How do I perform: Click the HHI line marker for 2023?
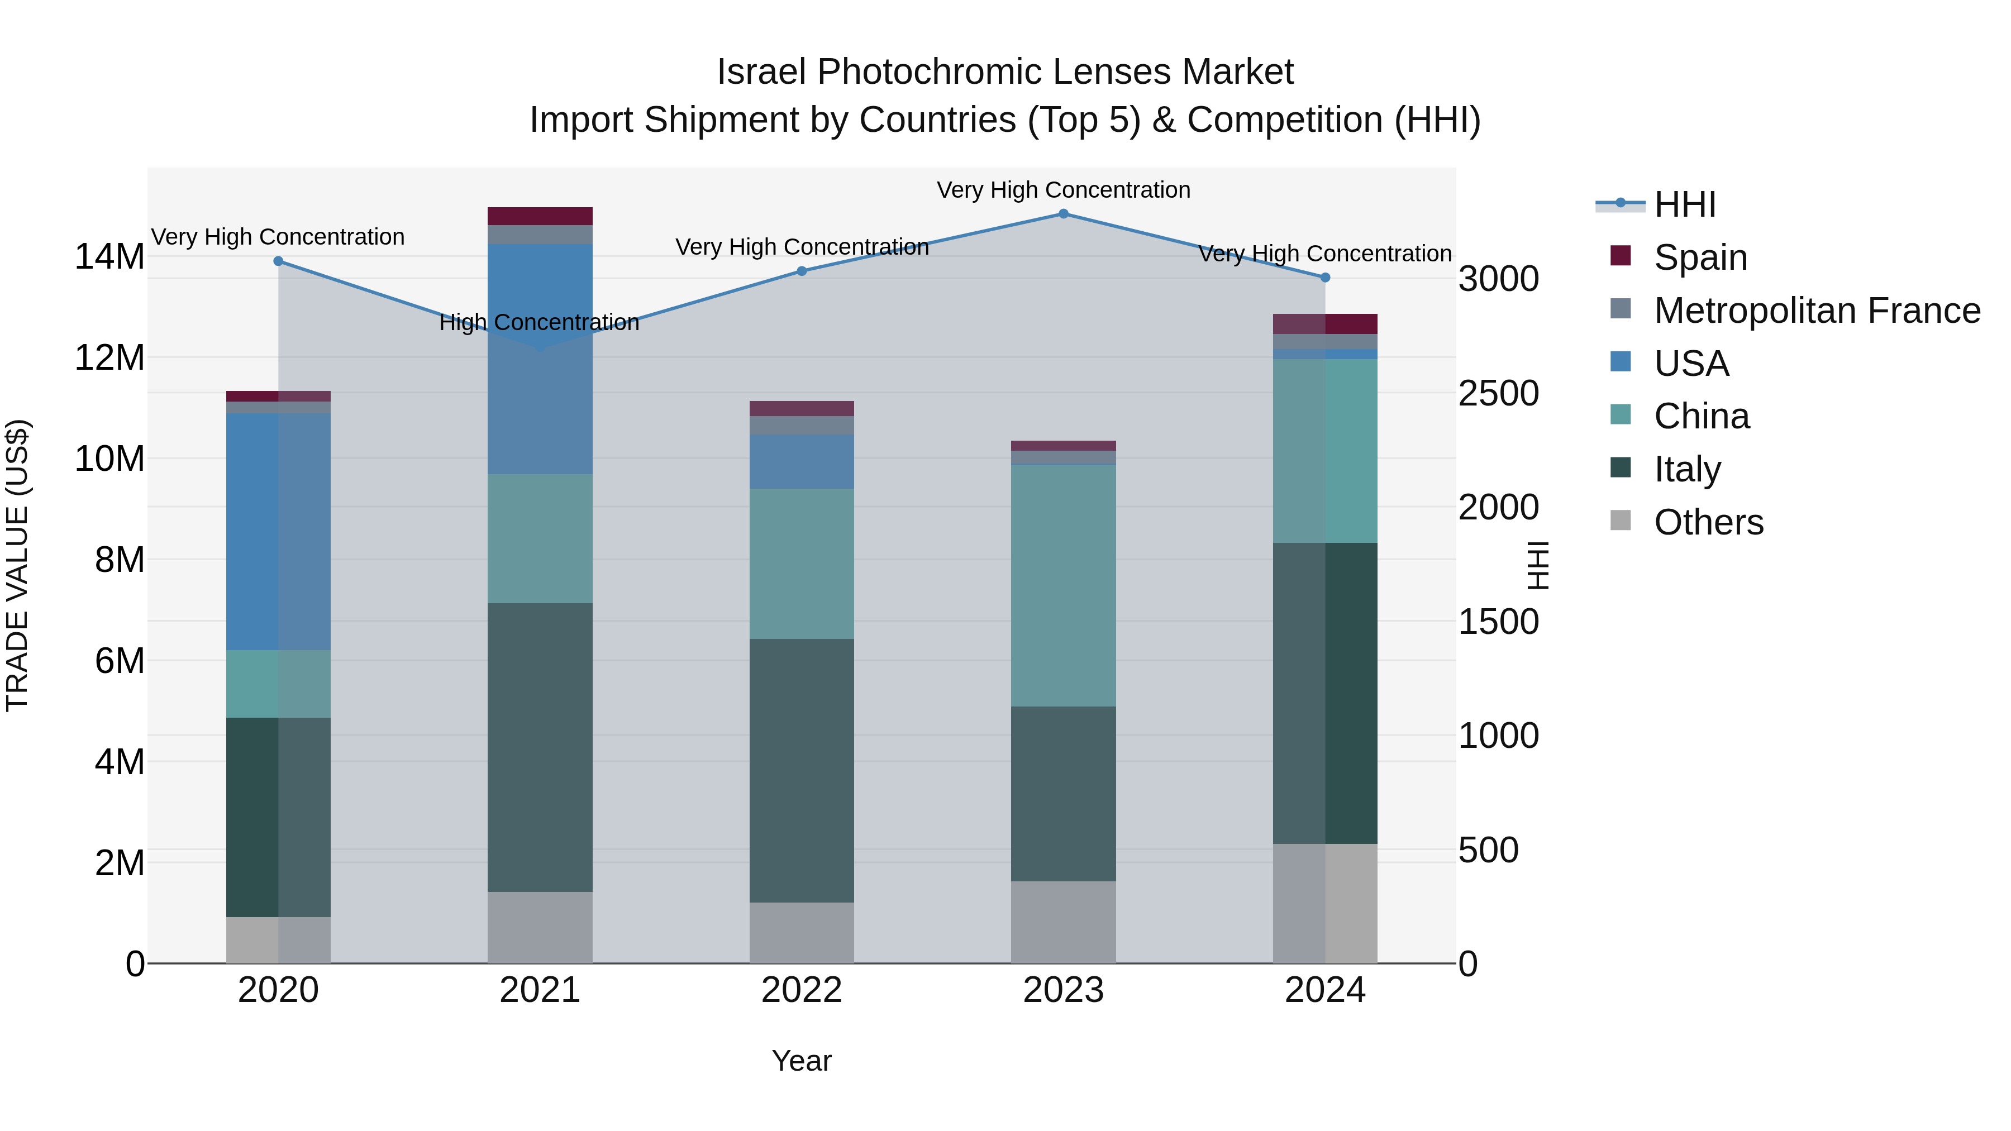tap(1063, 213)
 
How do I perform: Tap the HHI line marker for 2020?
tap(278, 261)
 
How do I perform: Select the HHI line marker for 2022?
tap(802, 271)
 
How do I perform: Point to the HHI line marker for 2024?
tap(1325, 277)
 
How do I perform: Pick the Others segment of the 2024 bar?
tap(1325, 903)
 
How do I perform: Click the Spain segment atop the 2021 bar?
tap(540, 216)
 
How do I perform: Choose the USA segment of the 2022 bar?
tap(802, 461)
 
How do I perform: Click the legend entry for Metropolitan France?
tap(1817, 311)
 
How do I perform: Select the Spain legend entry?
tap(1700, 257)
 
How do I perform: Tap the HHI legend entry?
tap(1685, 204)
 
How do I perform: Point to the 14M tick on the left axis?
tap(109, 257)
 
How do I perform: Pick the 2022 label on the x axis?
tap(802, 990)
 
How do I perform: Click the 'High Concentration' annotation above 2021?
tap(540, 322)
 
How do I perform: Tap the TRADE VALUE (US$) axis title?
tap(17, 565)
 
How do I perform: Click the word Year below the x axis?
tap(802, 1061)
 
